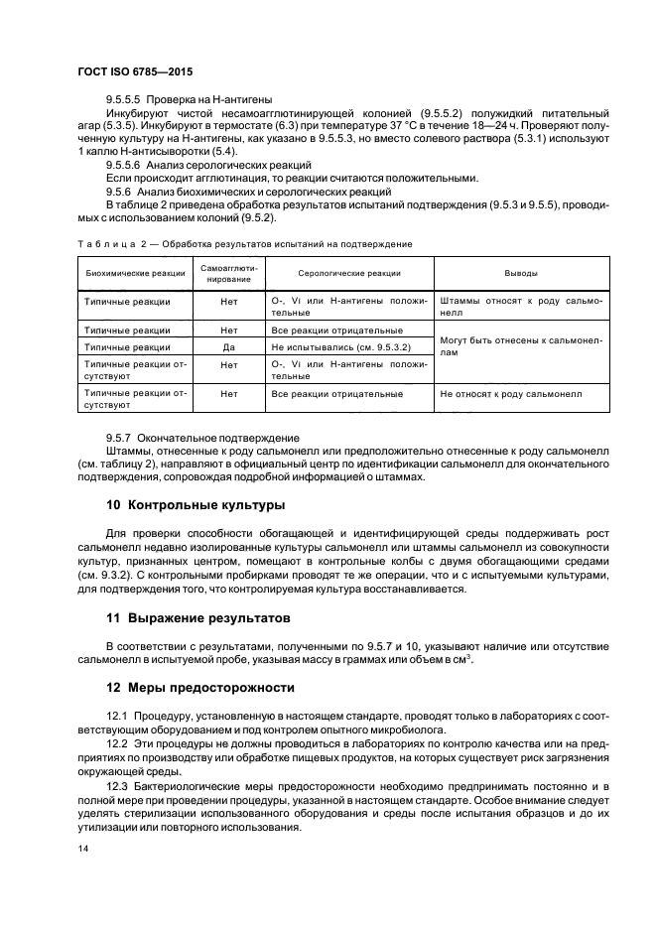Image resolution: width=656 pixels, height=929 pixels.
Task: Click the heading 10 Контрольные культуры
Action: [196, 505]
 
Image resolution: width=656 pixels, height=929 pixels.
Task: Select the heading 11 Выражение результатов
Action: [198, 616]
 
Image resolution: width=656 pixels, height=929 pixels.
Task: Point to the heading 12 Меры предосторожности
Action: [205, 686]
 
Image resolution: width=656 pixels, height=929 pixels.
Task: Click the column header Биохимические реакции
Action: [136, 272]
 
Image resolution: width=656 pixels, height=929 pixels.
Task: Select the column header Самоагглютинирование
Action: [229, 272]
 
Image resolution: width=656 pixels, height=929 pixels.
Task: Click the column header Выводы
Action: [521, 272]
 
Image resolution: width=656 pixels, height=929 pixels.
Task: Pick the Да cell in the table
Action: [229, 347]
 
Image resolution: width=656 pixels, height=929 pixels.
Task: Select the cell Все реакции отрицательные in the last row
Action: [335, 394]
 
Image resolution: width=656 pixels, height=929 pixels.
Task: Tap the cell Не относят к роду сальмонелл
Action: [510, 394]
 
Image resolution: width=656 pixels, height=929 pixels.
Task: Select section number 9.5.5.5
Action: [124, 99]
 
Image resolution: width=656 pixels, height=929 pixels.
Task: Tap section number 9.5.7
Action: [118, 438]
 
